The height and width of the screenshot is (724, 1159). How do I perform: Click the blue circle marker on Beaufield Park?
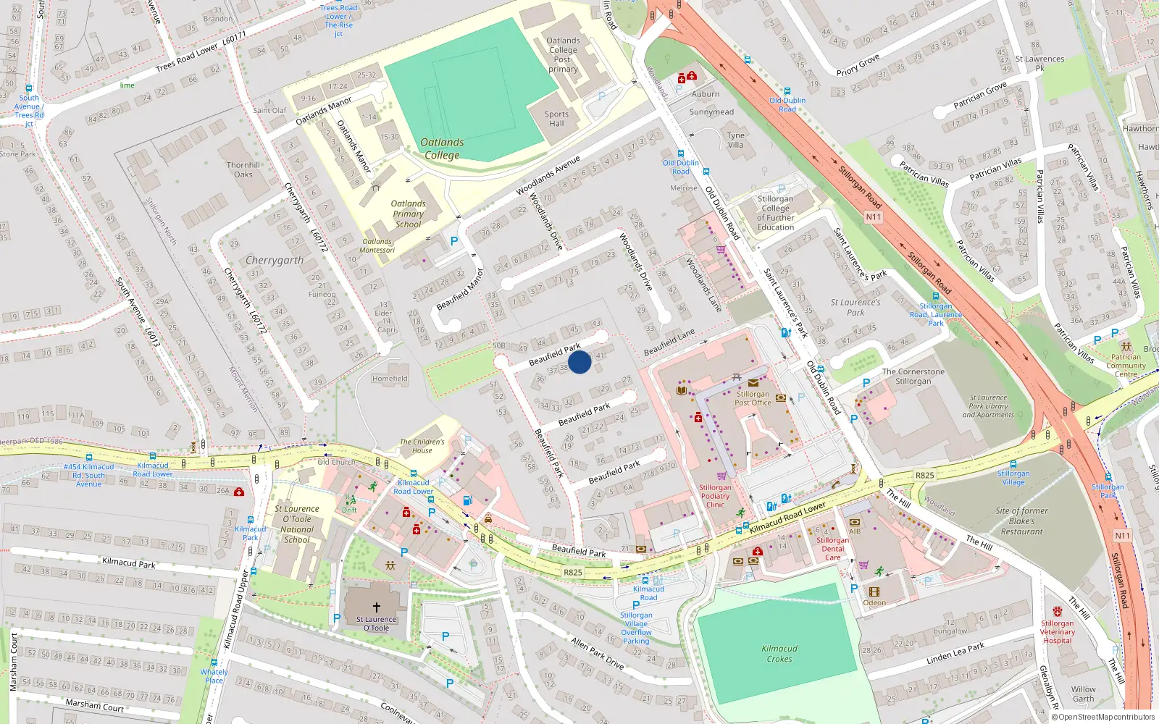pyautogui.click(x=579, y=361)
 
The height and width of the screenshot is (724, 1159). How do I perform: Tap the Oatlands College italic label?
pyautogui.click(x=442, y=148)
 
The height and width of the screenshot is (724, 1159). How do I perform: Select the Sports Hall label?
pyautogui.click(x=556, y=119)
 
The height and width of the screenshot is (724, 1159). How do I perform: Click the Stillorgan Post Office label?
pyautogui.click(x=753, y=398)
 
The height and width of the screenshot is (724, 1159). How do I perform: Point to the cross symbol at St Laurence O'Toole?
pyautogui.click(x=377, y=607)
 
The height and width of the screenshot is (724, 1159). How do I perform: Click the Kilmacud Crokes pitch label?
pyautogui.click(x=779, y=654)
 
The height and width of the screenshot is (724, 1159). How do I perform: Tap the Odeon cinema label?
pyautogui.click(x=874, y=602)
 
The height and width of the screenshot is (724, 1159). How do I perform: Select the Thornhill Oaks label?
pyautogui.click(x=243, y=169)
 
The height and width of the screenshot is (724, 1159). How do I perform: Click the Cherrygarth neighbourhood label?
pyautogui.click(x=275, y=260)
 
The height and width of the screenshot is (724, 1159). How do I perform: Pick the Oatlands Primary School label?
pyautogui.click(x=409, y=214)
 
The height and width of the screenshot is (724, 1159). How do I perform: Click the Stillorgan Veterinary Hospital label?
pyautogui.click(x=1058, y=631)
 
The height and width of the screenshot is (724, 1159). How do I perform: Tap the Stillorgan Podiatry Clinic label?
pyautogui.click(x=715, y=496)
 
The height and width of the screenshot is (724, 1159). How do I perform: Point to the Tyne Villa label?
pyautogui.click(x=735, y=140)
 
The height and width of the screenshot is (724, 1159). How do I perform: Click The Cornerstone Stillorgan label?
pyautogui.click(x=913, y=376)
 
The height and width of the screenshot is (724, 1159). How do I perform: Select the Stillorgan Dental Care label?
pyautogui.click(x=833, y=549)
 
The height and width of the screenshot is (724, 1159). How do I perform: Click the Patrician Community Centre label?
pyautogui.click(x=1126, y=365)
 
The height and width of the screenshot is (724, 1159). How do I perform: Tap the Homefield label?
pyautogui.click(x=390, y=379)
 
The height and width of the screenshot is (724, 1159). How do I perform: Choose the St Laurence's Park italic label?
pyautogui.click(x=855, y=307)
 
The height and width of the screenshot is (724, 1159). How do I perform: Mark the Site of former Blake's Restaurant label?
pyautogui.click(x=1021, y=521)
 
